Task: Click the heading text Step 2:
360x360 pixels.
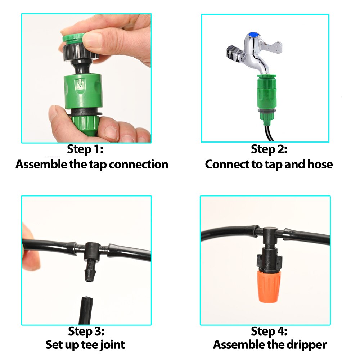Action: [269, 149]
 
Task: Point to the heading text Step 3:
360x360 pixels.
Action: [86, 330]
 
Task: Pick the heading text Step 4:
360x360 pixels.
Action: [269, 330]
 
